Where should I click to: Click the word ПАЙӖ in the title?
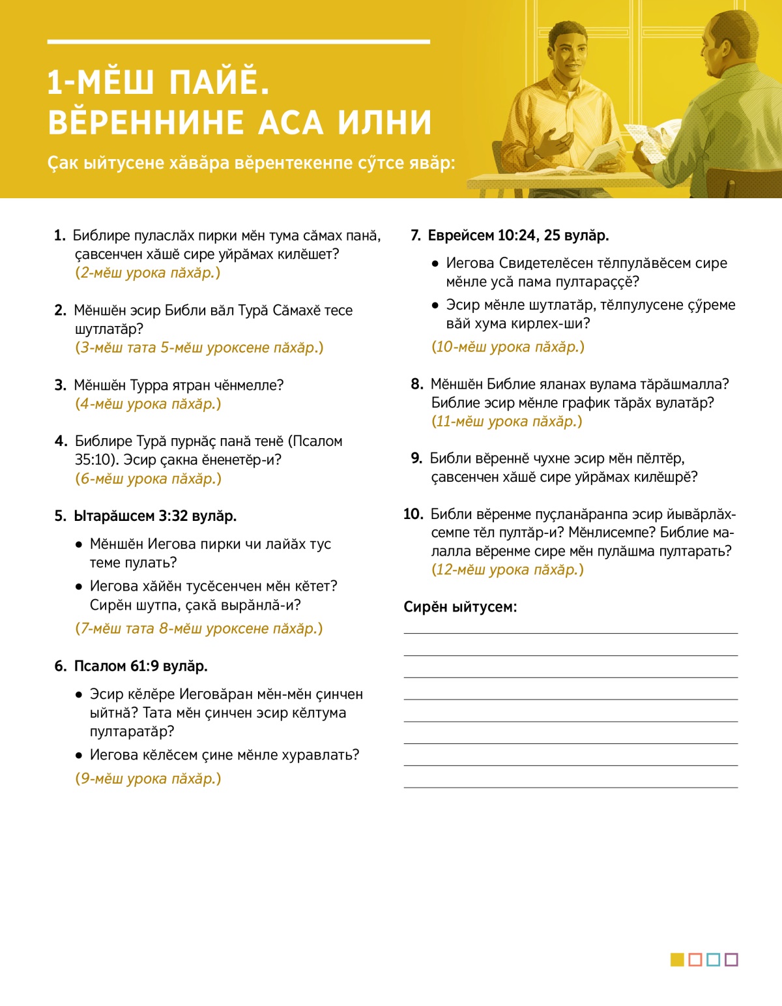click(219, 83)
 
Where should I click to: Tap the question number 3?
click(60, 385)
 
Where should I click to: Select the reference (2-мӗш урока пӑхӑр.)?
click(148, 273)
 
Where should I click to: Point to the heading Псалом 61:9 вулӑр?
click(141, 666)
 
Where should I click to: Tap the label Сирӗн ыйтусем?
click(460, 607)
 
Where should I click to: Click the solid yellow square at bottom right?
click(677, 960)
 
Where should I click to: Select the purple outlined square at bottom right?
click(731, 960)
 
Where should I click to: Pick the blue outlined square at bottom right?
click(713, 960)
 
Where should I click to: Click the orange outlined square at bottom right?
click(695, 960)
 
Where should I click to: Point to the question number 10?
click(413, 514)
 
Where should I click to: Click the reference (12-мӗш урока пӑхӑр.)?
click(508, 570)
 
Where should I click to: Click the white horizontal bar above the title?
click(239, 42)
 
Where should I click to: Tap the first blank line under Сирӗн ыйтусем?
click(570, 632)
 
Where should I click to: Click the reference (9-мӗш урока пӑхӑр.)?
click(149, 778)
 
